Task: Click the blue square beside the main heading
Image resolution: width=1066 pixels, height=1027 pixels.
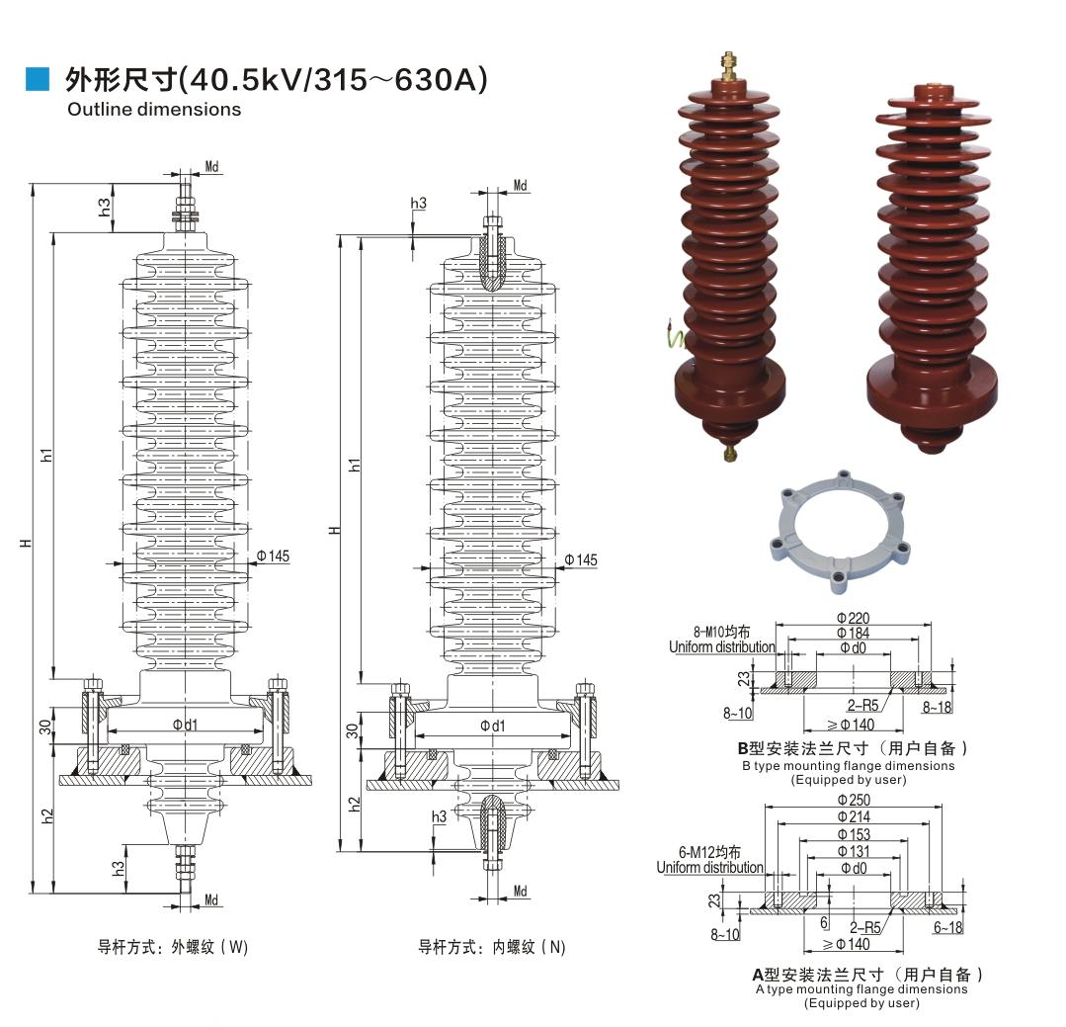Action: click(38, 79)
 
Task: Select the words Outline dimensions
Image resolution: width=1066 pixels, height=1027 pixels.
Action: click(154, 110)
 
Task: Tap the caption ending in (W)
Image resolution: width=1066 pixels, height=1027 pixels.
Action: click(173, 947)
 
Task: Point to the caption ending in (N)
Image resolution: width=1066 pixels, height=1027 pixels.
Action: click(492, 947)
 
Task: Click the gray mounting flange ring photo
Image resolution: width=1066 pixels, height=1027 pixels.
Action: click(837, 530)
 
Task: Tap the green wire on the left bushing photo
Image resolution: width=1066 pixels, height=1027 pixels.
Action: click(674, 336)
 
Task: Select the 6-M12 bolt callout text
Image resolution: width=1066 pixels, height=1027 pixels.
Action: click(709, 852)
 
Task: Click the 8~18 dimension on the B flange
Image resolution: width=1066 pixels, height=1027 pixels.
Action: click(939, 708)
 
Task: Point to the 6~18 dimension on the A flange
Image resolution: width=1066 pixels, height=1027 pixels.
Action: click(947, 928)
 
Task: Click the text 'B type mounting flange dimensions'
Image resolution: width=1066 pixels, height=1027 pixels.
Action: click(848, 766)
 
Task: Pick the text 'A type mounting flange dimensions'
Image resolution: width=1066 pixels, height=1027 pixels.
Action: click(861, 988)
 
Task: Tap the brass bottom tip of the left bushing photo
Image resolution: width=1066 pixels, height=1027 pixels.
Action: click(730, 452)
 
